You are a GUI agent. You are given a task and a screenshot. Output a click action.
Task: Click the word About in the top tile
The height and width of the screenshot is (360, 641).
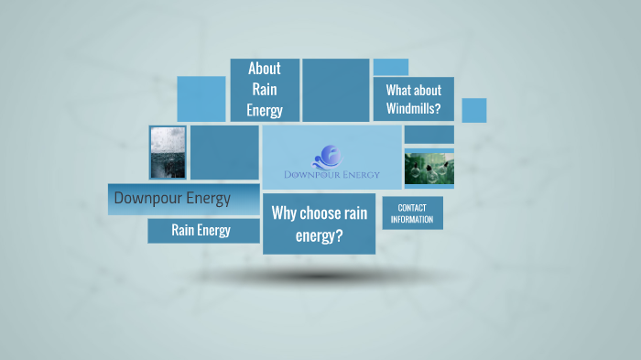264,69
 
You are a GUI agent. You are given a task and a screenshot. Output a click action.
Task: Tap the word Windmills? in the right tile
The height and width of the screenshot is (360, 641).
413,109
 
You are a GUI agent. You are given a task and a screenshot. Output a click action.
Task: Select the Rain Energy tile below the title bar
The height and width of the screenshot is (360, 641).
201,230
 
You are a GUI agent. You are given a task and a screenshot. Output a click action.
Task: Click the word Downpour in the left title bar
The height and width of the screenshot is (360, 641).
143,198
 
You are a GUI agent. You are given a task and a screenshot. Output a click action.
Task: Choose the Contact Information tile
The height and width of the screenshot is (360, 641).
412,213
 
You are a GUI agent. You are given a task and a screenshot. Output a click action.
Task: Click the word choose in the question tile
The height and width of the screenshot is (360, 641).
319,213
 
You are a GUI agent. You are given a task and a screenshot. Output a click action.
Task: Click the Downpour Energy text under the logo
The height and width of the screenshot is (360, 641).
331,175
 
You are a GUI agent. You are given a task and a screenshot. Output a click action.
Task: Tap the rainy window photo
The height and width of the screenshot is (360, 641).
168,152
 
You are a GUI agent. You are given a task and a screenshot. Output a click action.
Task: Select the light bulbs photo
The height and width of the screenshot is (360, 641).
429,168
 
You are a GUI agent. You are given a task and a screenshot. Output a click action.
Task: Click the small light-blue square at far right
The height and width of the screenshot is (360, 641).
473,110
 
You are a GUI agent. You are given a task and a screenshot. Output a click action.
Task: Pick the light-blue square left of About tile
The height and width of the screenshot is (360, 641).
201,99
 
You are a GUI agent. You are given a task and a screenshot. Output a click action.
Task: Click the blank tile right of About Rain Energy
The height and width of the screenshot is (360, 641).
335,90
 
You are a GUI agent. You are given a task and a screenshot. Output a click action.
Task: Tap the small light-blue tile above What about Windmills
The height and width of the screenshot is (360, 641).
390,67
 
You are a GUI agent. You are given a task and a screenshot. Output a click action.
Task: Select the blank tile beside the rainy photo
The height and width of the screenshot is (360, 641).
224,152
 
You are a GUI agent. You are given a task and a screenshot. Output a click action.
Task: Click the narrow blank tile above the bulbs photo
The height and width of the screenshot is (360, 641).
429,135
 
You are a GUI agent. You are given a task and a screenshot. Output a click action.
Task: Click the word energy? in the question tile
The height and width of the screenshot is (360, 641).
319,235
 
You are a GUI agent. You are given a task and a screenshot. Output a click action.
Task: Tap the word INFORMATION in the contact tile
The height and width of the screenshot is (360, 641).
412,220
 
